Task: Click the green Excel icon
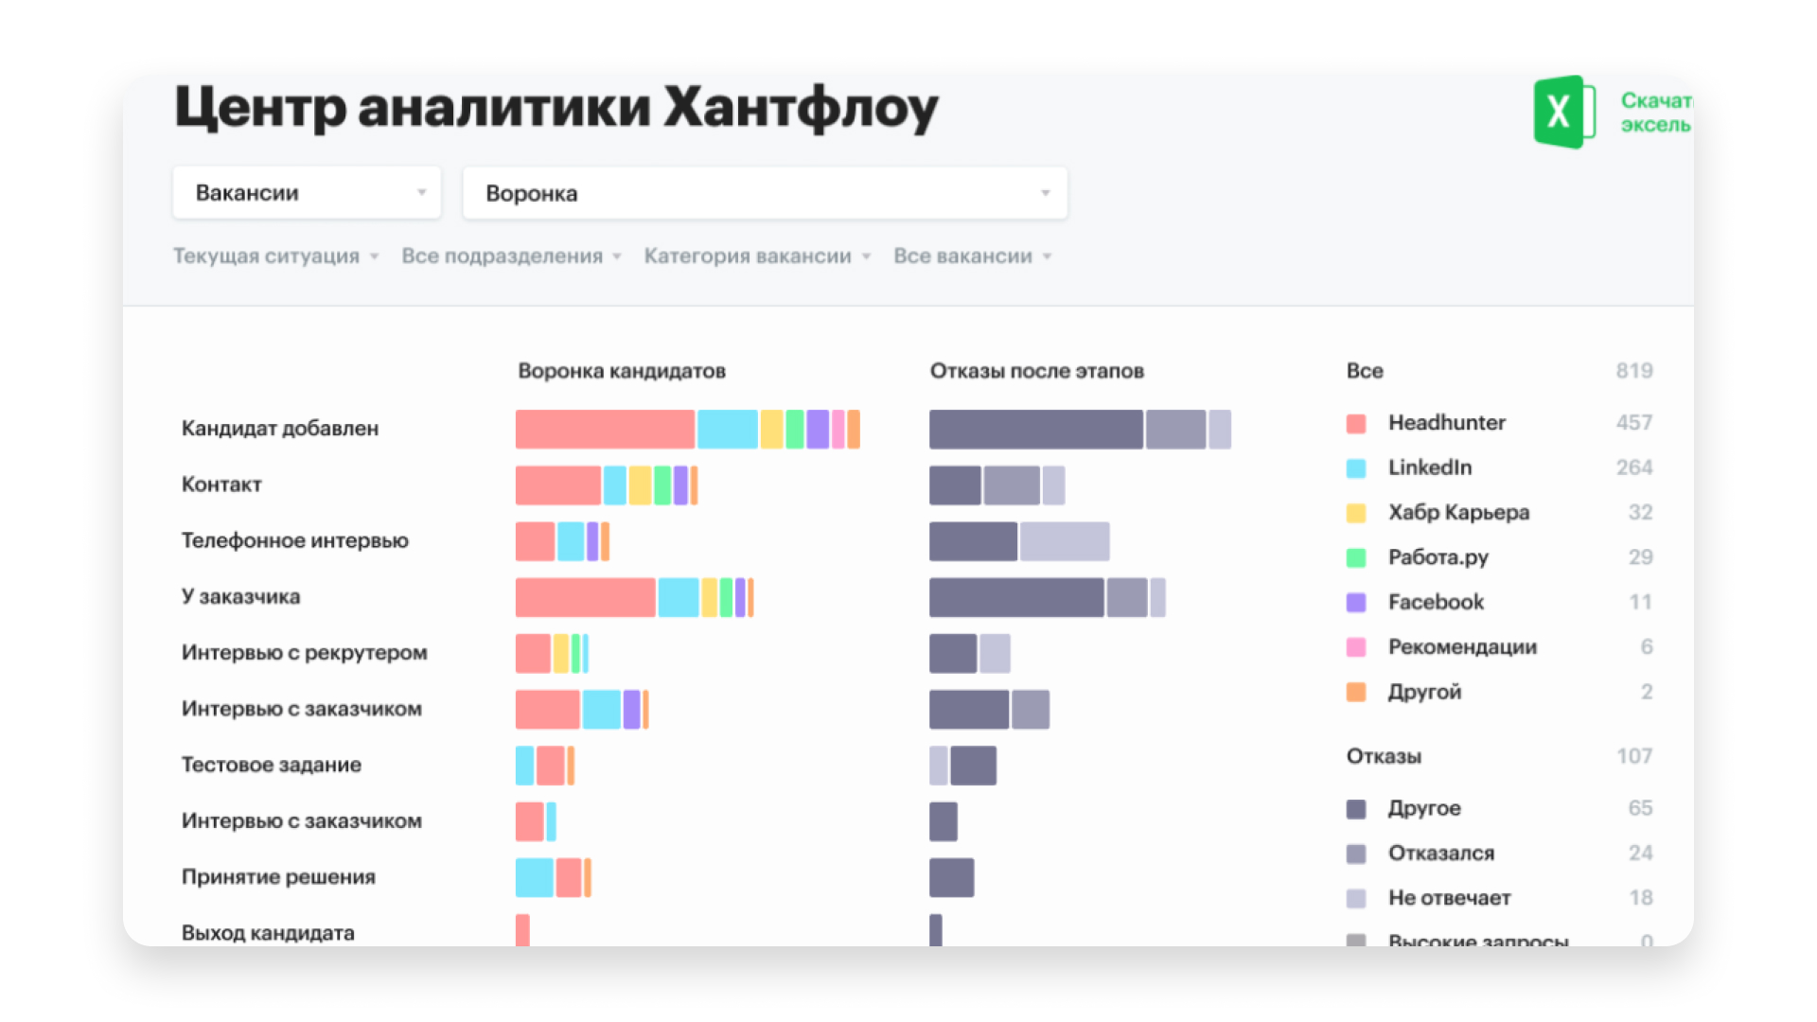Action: click(1562, 112)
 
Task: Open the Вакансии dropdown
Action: click(307, 193)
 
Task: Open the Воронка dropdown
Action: click(765, 193)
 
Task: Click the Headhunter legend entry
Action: click(1446, 423)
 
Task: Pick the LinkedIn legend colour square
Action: click(1356, 468)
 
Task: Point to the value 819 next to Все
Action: click(1633, 371)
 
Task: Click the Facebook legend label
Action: click(1436, 602)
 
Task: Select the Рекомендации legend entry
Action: click(1462, 647)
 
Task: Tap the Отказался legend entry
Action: click(1440, 854)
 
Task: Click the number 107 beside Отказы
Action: click(1633, 756)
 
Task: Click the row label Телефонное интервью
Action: click(295, 540)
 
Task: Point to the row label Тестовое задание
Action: click(272, 765)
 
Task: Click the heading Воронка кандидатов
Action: click(622, 371)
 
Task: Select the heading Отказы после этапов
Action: click(1036, 371)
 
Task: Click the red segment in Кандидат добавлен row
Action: click(605, 429)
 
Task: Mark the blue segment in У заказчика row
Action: click(679, 597)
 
